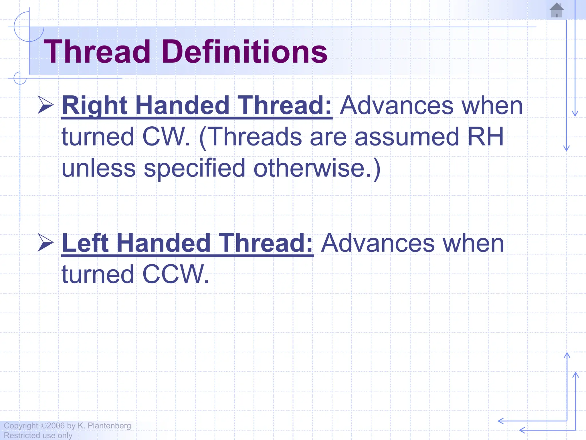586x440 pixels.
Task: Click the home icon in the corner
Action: [557, 10]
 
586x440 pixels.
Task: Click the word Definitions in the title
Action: [245, 52]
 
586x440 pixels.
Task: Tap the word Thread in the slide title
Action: [97, 52]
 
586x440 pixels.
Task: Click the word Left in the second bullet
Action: [85, 243]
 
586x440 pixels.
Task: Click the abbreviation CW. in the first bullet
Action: [166, 137]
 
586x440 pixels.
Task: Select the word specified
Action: [194, 168]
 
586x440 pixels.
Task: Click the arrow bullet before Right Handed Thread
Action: [46, 105]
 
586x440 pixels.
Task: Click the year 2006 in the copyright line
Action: [56, 426]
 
